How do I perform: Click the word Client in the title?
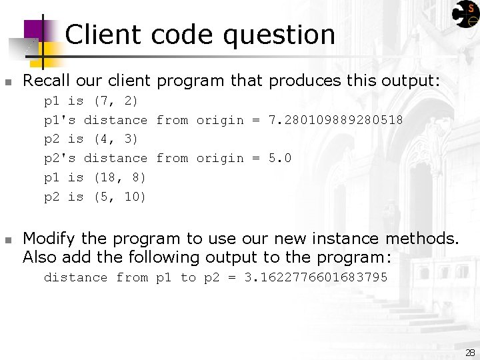point(103,35)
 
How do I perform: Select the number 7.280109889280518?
point(335,120)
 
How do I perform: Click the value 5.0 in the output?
point(279,158)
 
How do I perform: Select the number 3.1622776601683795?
point(316,277)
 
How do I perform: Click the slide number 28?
point(470,353)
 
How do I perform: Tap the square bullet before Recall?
point(8,83)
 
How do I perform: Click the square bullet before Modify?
point(8,239)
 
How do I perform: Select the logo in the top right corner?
point(465,14)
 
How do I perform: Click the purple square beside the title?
point(33,30)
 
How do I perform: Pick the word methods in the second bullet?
point(423,239)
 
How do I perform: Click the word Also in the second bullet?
point(38,257)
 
